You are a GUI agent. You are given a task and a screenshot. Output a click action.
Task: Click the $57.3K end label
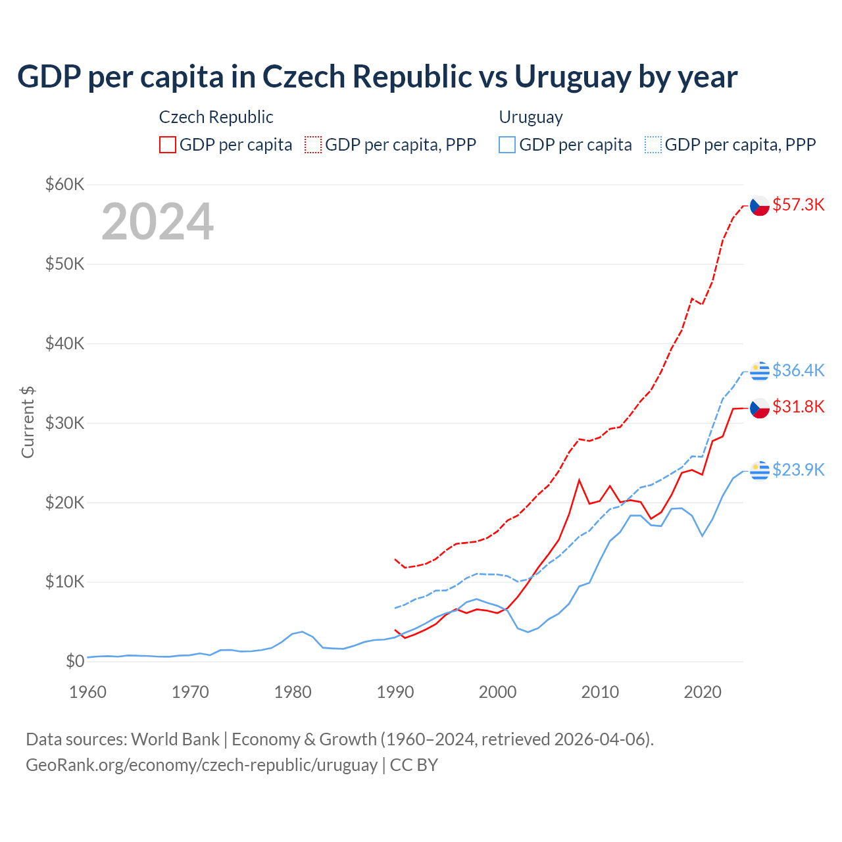[798, 205]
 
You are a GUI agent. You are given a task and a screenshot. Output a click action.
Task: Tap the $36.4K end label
[798, 370]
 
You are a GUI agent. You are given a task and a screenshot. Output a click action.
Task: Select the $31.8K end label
[798, 407]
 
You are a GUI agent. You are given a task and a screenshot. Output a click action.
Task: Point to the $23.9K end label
[798, 470]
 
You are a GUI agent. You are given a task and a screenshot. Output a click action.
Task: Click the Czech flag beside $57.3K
[760, 206]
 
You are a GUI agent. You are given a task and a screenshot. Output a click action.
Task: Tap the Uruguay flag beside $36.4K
[760, 371]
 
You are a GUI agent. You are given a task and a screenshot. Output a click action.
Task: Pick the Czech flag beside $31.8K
[760, 409]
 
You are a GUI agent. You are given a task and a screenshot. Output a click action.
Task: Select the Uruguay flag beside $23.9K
[760, 470]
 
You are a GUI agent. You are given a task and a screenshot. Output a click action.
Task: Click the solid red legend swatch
[168, 145]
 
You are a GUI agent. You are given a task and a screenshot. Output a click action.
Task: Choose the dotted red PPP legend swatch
[313, 145]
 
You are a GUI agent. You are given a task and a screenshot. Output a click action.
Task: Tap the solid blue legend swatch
[507, 145]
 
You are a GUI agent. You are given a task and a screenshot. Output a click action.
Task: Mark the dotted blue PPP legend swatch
[653, 145]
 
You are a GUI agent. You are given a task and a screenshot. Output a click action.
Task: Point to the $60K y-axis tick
[64, 184]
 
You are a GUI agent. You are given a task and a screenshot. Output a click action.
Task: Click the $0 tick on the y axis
[75, 661]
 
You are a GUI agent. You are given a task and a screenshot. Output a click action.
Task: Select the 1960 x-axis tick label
[87, 692]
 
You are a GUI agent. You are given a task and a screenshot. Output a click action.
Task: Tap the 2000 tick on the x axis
[498, 692]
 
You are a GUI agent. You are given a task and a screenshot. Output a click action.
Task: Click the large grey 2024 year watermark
[158, 222]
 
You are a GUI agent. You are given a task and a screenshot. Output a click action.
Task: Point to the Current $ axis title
[28, 422]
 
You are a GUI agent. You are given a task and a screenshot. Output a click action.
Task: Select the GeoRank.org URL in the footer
[201, 765]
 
